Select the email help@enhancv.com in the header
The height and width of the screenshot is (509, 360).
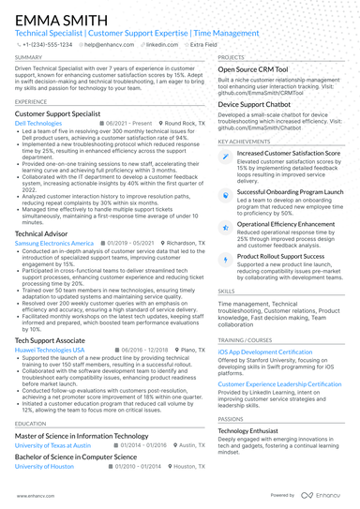click(112, 44)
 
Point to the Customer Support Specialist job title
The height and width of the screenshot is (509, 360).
click(63, 112)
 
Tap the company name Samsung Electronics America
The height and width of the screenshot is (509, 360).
click(54, 242)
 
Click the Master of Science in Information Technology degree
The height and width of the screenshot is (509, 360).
click(82, 436)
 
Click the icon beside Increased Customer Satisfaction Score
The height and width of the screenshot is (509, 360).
click(226, 154)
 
